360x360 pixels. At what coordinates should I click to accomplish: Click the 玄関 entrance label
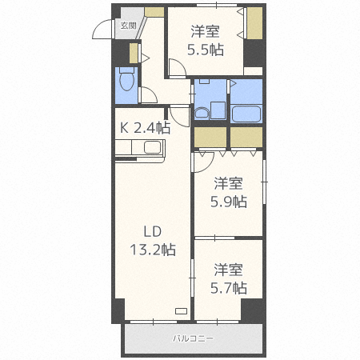pyautogui.click(x=128, y=26)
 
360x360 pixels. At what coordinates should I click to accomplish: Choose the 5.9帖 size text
pyautogui.click(x=228, y=201)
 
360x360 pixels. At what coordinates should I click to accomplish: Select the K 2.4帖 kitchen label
pyautogui.click(x=145, y=127)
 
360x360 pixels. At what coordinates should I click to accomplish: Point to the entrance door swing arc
pyautogui.click(x=102, y=29)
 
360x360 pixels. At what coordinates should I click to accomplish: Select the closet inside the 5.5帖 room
pyautogui.click(x=254, y=26)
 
